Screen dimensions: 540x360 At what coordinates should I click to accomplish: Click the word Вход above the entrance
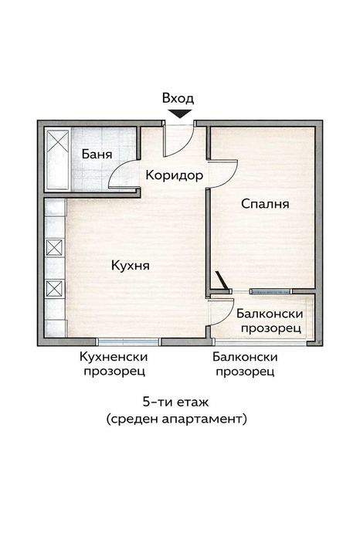coord(178,99)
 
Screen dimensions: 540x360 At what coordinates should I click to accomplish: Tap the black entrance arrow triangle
coord(179,114)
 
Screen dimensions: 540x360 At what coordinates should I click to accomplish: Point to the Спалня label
coord(265,204)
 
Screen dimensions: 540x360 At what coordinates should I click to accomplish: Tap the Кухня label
coord(130,265)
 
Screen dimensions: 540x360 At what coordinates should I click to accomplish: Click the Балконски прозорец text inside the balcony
coord(270,321)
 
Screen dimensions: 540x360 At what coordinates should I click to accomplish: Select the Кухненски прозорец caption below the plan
coord(114,364)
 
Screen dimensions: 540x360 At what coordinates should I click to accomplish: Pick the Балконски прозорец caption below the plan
coord(246,364)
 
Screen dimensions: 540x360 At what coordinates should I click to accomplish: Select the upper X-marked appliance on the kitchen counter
coord(54,248)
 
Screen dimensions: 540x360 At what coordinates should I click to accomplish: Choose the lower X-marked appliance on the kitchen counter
coord(54,289)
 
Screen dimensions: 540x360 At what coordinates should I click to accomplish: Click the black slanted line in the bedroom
coord(222,279)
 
